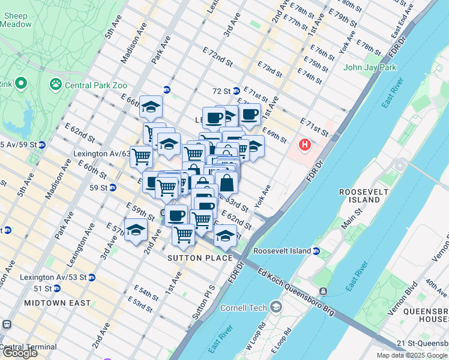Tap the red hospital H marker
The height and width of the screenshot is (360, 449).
(305, 145)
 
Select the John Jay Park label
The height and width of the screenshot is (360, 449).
(370, 67)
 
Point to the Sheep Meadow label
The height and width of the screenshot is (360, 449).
(16, 20)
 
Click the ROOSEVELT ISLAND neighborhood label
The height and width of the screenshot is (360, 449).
(360, 195)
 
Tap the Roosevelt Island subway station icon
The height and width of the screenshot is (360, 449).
(316, 251)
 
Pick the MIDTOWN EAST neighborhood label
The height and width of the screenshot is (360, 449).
(58, 304)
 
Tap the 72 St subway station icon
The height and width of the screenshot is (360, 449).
(237, 91)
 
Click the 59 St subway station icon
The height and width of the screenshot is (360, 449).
(113, 188)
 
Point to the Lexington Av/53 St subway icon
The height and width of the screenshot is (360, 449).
(91, 278)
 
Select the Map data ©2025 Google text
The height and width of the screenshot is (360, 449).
(412, 355)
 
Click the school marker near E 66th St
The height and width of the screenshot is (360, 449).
(151, 107)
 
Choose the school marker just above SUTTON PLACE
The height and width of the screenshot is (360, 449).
(225, 236)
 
